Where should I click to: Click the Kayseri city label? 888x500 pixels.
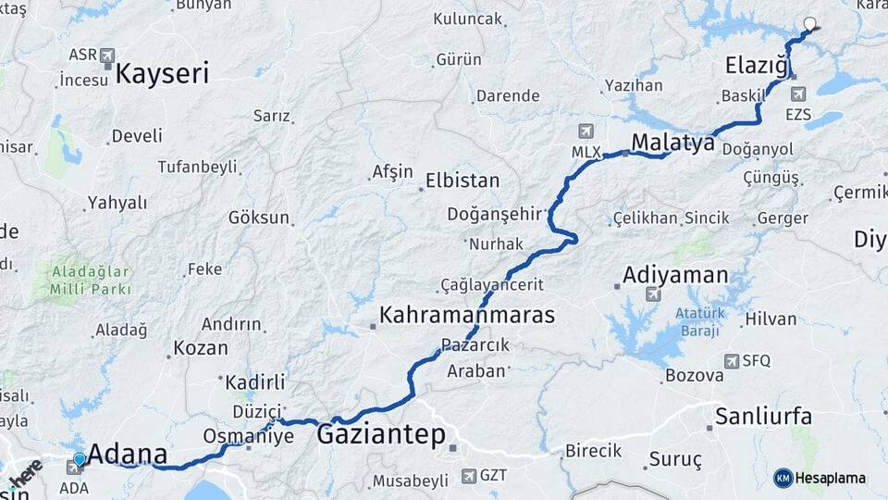coord(163,74)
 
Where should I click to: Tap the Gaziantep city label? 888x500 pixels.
coord(381,434)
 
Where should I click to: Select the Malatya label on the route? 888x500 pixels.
coord(673,143)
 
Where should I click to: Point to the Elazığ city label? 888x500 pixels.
coord(756,66)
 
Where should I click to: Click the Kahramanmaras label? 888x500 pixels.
coord(467,315)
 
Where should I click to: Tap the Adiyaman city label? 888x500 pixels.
coord(675,275)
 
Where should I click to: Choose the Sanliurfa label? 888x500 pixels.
coord(764,416)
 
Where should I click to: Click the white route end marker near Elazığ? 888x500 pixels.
coord(810,24)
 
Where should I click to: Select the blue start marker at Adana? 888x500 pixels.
coord(80,458)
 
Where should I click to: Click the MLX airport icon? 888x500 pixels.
coord(586,131)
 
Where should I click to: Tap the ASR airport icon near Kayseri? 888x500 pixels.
coord(107,55)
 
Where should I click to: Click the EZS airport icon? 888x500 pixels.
coord(797,94)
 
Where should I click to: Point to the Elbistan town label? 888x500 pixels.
coord(462,181)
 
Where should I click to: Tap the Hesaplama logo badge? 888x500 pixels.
coord(820,478)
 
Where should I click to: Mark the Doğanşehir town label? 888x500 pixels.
coord(493,214)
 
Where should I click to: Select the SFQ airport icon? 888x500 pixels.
coord(733,361)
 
